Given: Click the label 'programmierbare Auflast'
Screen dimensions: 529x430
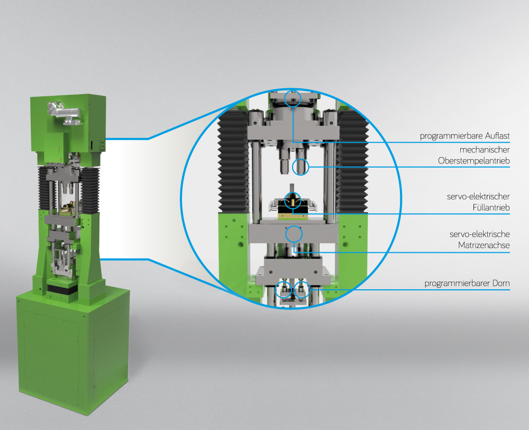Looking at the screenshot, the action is click(464, 136).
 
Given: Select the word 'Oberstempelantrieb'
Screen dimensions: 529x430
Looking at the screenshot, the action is click(473, 161).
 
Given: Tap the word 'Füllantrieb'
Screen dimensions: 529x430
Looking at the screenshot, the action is click(491, 207).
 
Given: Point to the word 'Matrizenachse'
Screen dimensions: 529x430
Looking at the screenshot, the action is click(484, 245).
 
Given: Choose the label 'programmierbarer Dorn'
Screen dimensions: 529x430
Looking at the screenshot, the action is click(467, 283).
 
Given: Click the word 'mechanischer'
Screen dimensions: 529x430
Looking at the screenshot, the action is click(485, 150).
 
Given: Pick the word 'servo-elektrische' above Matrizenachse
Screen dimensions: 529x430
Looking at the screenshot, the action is click(479, 234).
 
